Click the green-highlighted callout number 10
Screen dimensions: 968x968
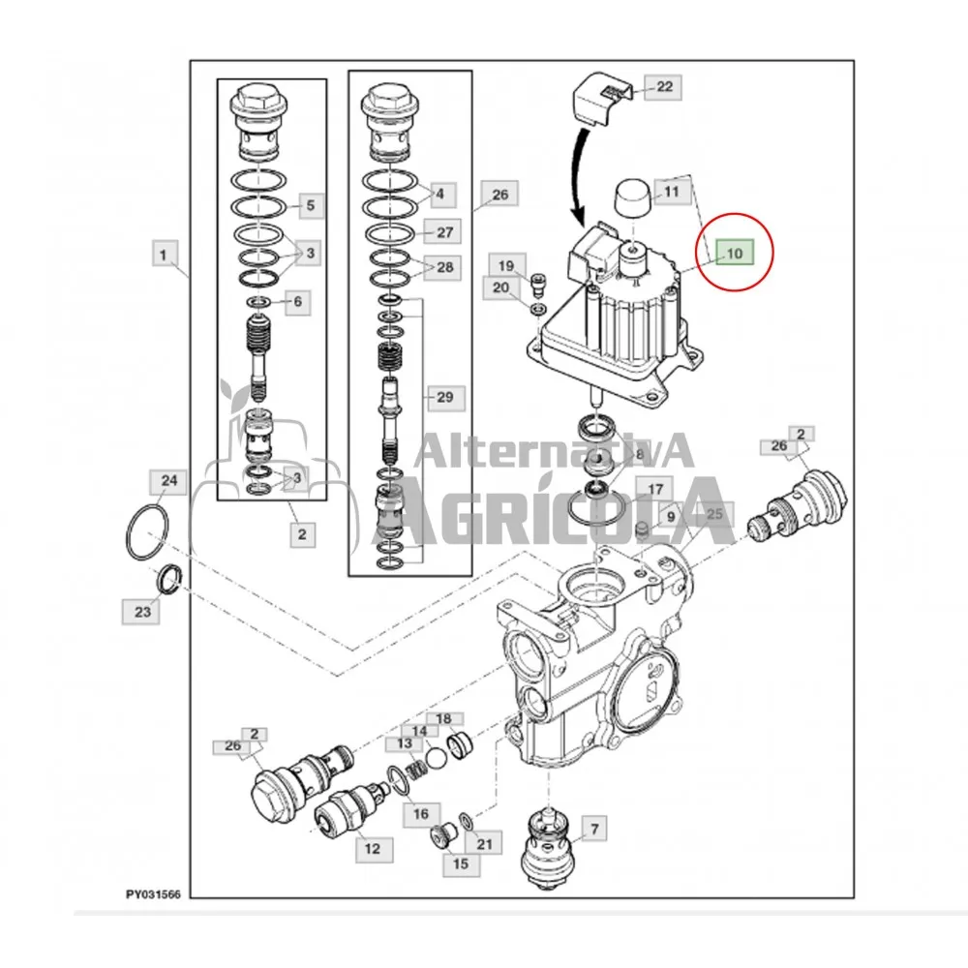pos(734,253)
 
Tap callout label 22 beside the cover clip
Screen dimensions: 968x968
pos(664,86)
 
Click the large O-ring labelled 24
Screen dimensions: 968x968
pos(147,532)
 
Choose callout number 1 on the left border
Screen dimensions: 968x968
pos(163,255)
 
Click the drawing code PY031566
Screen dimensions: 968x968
pos(153,893)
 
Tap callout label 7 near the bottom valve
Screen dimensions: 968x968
pos(594,829)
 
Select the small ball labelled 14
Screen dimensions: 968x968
pos(437,759)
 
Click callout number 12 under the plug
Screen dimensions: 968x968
pos(373,848)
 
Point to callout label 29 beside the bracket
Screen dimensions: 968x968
pos(444,397)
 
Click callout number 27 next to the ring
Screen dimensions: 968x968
pos(444,232)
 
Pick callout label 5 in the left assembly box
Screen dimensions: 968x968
pos(311,205)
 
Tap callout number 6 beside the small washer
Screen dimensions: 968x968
pos(297,301)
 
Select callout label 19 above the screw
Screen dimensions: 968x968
pos(506,265)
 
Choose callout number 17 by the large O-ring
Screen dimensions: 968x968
pos(655,490)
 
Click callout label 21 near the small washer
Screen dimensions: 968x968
pos(484,843)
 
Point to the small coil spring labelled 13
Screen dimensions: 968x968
pos(416,771)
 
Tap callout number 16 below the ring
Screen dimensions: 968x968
pos(420,814)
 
